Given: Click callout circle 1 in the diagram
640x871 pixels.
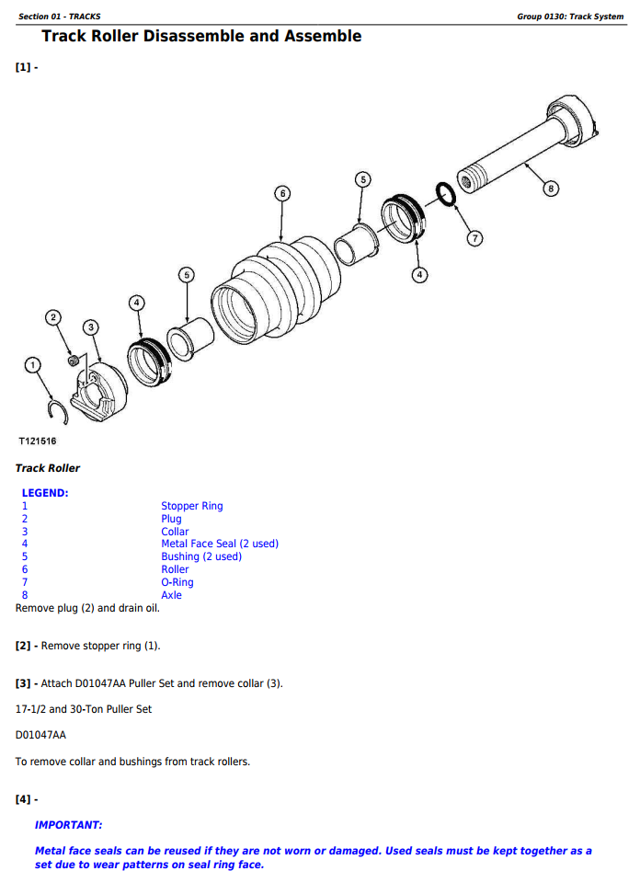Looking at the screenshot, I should pos(34,366).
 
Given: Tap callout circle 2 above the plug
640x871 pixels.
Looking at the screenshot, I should pos(53,318).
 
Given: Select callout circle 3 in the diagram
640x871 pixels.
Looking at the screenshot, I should pos(90,327).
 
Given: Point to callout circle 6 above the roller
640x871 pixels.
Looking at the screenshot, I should pos(282,193).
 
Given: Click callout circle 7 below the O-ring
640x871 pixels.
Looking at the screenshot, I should pos(474,238).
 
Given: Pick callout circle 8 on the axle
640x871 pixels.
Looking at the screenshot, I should pos(550,189).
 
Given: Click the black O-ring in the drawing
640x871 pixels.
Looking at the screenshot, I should pos(443,195).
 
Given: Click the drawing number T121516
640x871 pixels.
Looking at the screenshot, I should pos(38,441).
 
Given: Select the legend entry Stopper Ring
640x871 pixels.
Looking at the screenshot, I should pos(191,506).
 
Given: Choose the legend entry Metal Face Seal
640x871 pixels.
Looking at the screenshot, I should pos(219,544).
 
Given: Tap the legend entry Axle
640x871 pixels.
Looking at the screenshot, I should pos(171,595).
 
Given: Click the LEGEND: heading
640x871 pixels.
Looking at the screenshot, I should pos(45,493).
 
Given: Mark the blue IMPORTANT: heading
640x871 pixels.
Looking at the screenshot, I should pos(68,825).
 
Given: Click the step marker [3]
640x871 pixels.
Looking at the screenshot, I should pos(24,683).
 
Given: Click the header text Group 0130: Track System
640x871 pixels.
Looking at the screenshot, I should pos(569,17).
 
